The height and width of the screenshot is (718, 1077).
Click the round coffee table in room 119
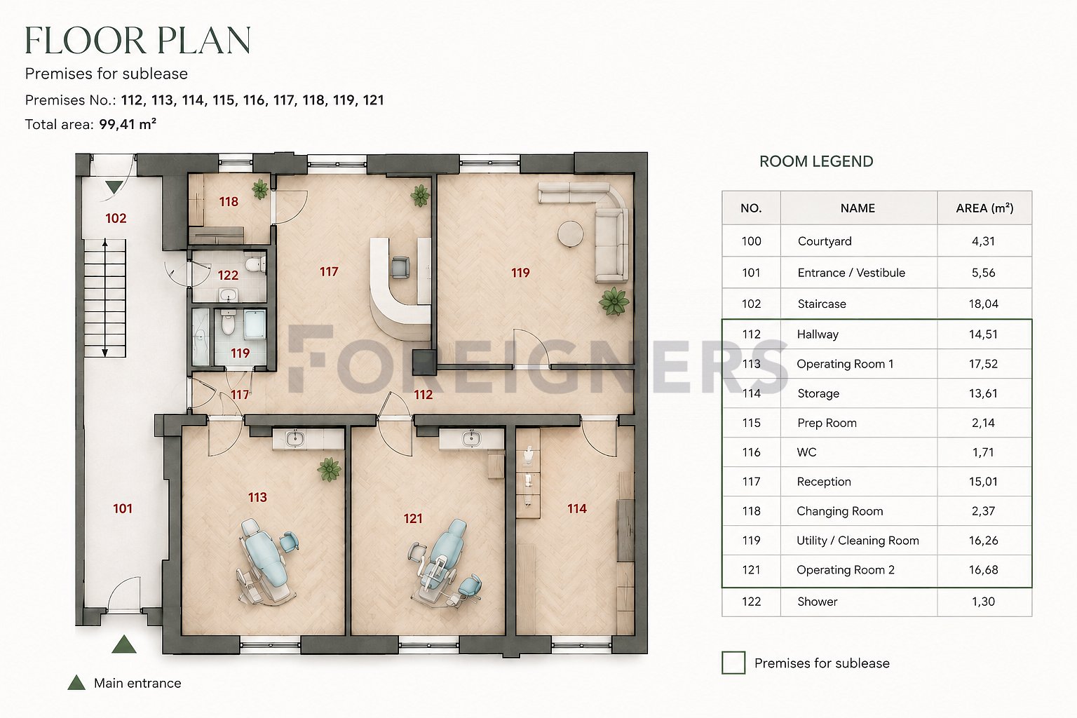coord(570,233)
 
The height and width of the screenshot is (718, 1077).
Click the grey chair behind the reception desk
coord(400,267)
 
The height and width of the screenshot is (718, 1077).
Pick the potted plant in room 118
coord(260,189)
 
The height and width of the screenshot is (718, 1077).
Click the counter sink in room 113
coord(294,439)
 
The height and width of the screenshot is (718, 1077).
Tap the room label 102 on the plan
coord(116,218)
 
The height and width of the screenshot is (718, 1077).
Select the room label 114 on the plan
coord(576,508)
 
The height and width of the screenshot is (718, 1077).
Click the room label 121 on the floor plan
coord(412,518)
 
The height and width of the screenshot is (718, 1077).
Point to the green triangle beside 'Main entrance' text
coord(76,682)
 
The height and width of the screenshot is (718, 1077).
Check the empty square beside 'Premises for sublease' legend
coord(733,663)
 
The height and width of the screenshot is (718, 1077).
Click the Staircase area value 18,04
coord(983,304)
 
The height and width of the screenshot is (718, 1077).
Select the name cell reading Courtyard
coord(825,241)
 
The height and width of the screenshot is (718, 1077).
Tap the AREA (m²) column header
coord(984,208)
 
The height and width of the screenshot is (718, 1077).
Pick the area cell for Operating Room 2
coord(983,570)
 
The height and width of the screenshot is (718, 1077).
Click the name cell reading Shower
coord(818,602)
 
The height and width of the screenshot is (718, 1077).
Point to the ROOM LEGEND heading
coord(816,161)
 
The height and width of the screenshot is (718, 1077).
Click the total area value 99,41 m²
coord(128,124)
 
